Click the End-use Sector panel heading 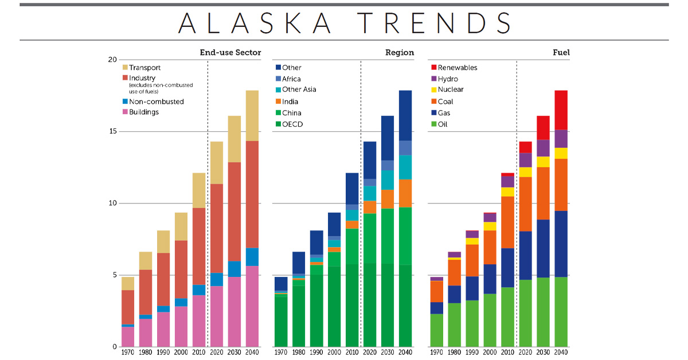click(230, 53)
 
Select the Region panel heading click(399, 53)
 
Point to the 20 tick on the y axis click(112, 60)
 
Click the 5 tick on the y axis click(114, 275)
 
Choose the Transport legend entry click(144, 68)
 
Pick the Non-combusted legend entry click(156, 101)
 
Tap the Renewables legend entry click(457, 68)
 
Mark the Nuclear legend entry click(451, 89)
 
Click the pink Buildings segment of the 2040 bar click(252, 306)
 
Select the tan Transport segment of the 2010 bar click(198, 190)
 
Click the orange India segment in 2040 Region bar click(405, 193)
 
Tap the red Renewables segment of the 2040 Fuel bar click(561, 110)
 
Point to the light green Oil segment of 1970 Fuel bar click(437, 330)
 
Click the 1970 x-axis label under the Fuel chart click(437, 352)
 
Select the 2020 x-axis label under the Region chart click(370, 352)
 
